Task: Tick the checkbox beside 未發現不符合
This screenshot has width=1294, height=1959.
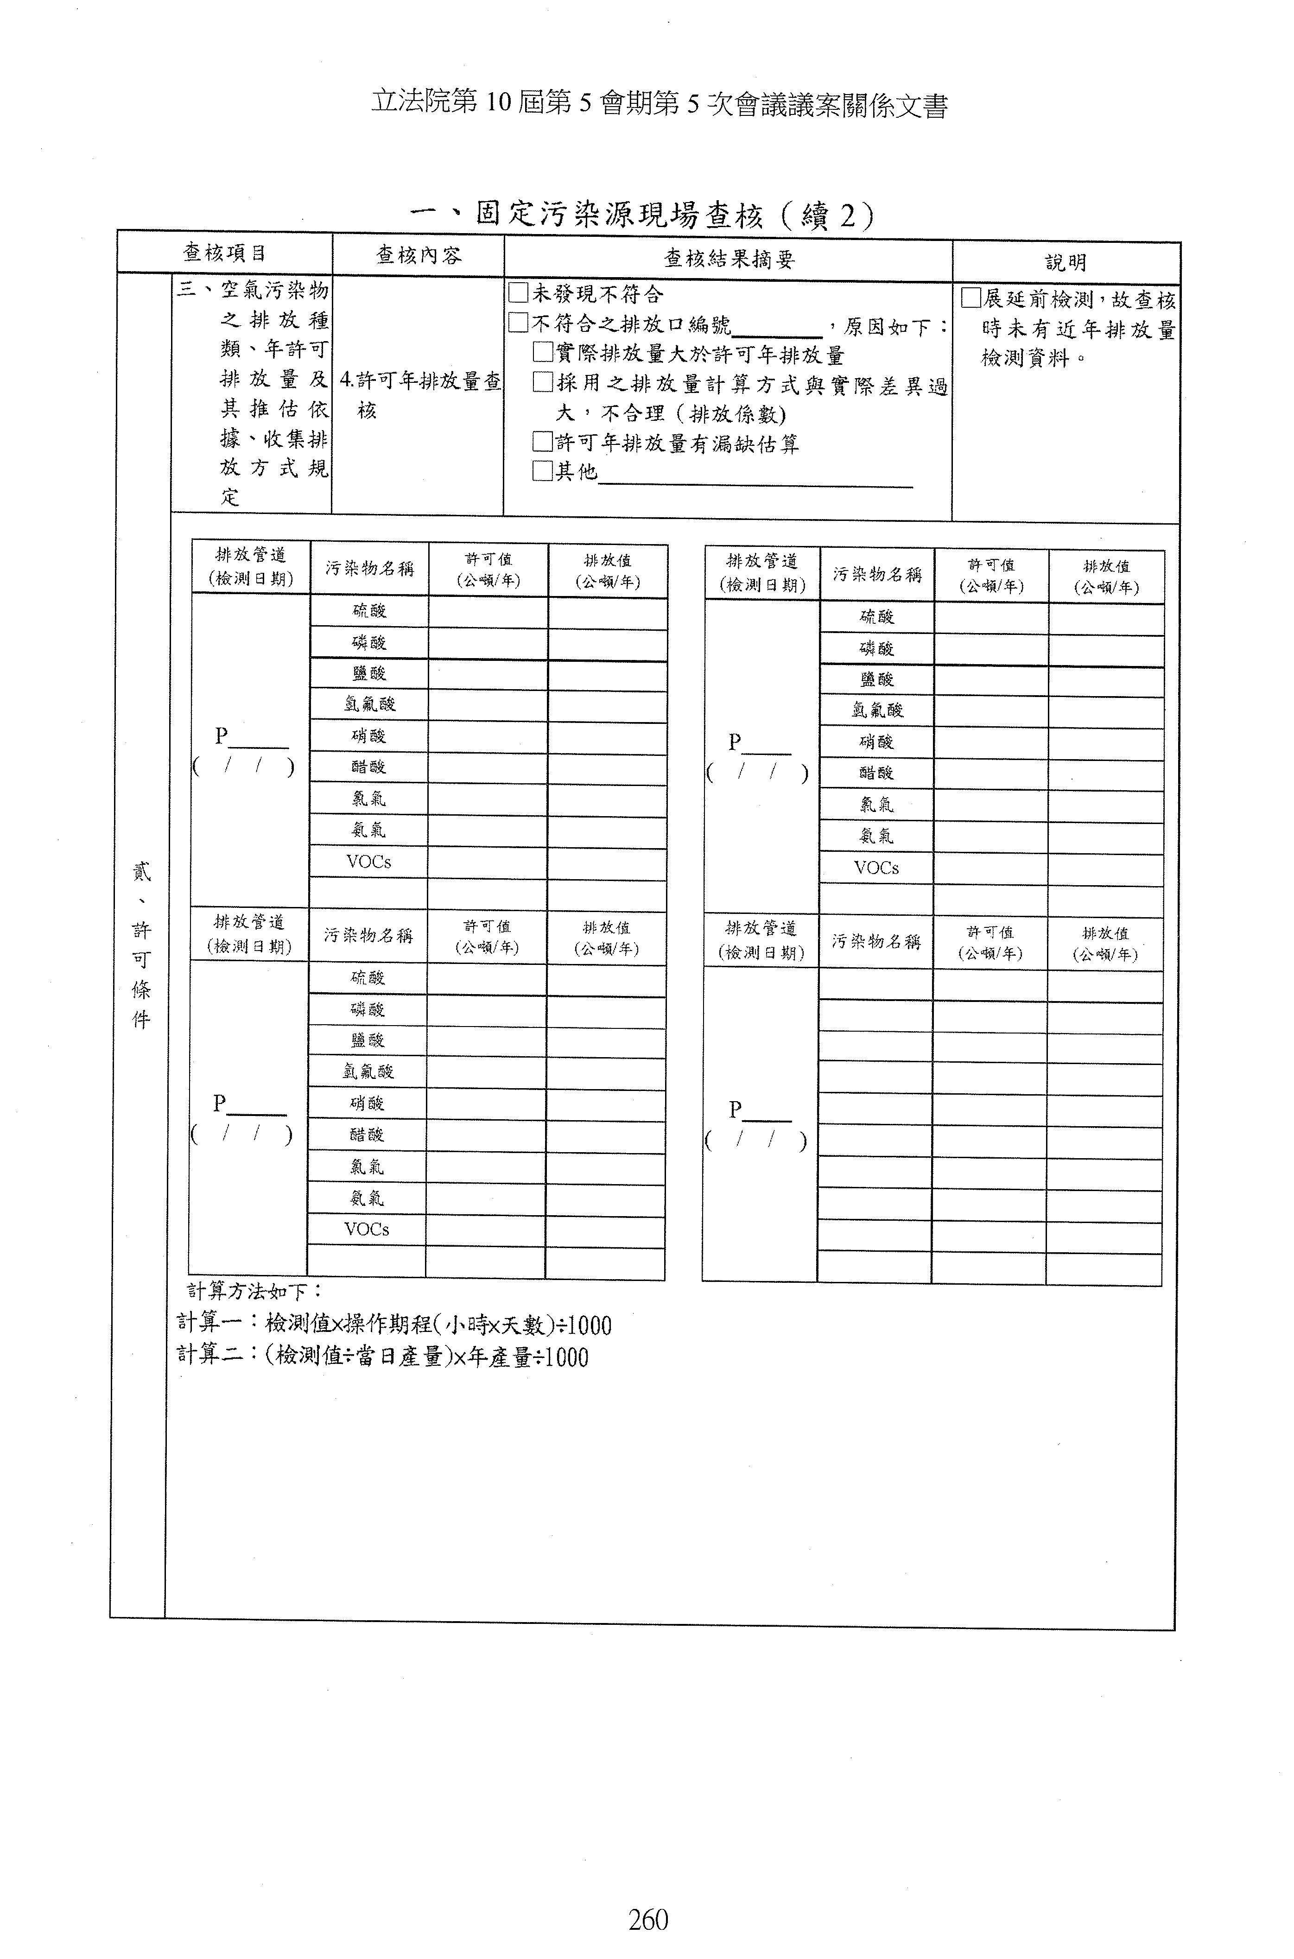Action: pos(518,293)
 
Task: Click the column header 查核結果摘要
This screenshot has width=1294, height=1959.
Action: pos(729,259)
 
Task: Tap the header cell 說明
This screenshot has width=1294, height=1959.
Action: pos(1066,262)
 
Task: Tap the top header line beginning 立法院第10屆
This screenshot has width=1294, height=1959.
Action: pos(659,105)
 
